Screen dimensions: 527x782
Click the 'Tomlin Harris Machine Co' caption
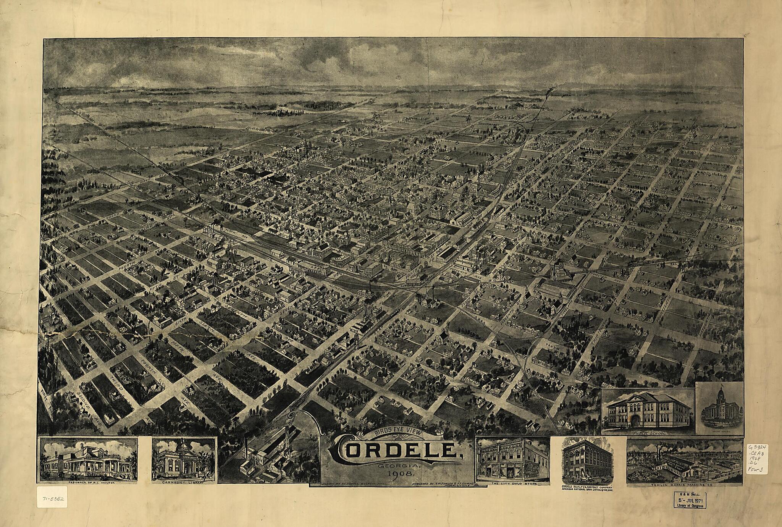686,486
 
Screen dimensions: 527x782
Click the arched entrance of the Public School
635,420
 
